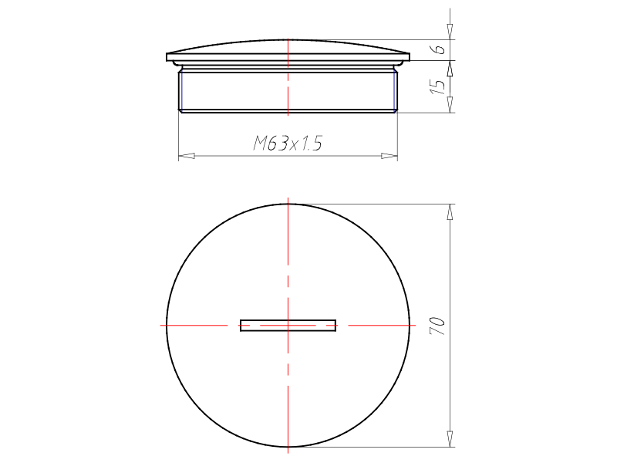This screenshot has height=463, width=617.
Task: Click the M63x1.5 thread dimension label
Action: point(288,143)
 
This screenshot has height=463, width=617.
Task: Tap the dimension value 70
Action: point(437,326)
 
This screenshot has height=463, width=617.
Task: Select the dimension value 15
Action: point(437,86)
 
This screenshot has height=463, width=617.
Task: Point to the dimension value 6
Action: point(438,49)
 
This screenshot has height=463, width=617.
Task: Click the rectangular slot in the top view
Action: point(288,326)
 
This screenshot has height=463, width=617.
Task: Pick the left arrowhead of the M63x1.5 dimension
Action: point(187,156)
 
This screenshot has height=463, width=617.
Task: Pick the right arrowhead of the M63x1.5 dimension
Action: point(389,156)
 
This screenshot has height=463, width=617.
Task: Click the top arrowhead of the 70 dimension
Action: point(450,211)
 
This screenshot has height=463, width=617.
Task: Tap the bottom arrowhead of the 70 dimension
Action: point(450,439)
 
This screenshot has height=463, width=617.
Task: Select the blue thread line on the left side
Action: point(181,90)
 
